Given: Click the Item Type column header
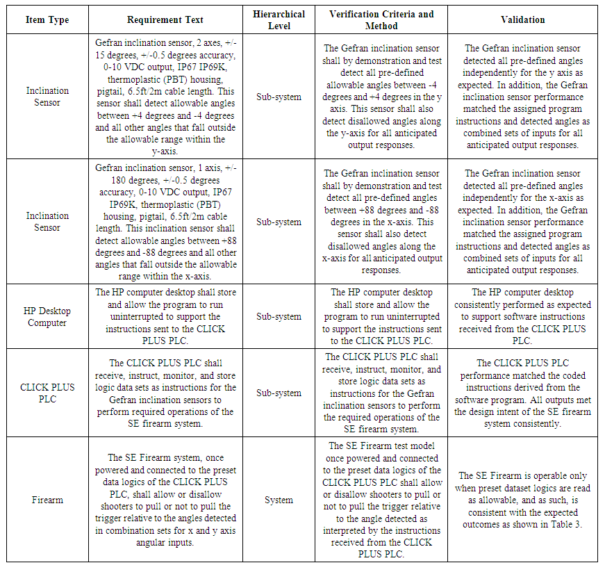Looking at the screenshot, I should pyautogui.click(x=47, y=20).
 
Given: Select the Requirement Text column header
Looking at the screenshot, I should pyautogui.click(x=165, y=20).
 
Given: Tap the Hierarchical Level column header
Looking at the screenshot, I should pyautogui.click(x=279, y=20).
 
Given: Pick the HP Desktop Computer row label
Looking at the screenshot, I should pyautogui.click(x=47, y=316).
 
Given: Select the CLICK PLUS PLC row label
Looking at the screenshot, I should pyautogui.click(x=47, y=393).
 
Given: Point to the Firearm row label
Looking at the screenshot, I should pyautogui.click(x=47, y=500).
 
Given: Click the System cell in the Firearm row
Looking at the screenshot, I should pyautogui.click(x=279, y=500).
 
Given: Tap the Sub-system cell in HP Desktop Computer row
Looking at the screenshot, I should pyautogui.click(x=279, y=316).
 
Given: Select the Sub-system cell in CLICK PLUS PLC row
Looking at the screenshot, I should pyautogui.click(x=279, y=393).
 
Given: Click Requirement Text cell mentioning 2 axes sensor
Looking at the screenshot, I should pyautogui.click(x=165, y=97).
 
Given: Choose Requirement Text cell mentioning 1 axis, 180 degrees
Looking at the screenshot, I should pyautogui.click(x=165, y=222).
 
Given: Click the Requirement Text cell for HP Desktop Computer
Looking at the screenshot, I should pyautogui.click(x=165, y=316).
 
